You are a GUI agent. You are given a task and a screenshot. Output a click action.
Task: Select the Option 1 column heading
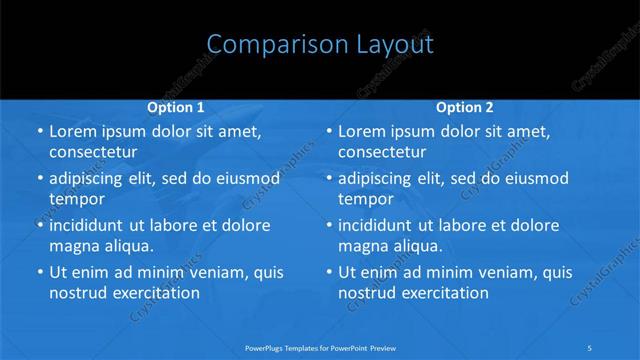pyautogui.click(x=176, y=106)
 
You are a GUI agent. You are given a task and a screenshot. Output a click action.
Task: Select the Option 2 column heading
pyautogui.click(x=465, y=106)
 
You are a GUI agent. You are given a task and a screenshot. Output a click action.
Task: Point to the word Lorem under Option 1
pyautogui.click(x=73, y=131)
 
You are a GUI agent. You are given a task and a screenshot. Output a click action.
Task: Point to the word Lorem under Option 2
pyautogui.click(x=362, y=131)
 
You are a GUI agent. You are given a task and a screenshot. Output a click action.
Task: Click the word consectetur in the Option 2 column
pyautogui.click(x=382, y=151)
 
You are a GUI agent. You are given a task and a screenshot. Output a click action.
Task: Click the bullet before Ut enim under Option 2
pyautogui.click(x=329, y=272)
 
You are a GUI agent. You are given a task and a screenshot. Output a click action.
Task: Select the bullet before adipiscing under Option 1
pyautogui.click(x=40, y=178)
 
